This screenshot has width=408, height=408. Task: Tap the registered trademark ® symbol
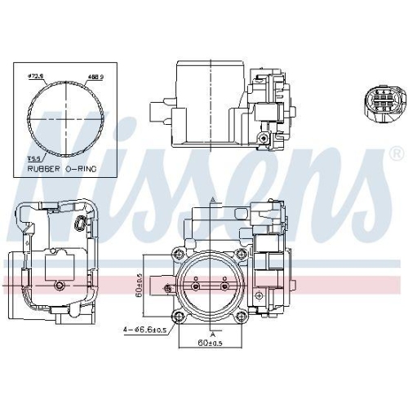(396, 153)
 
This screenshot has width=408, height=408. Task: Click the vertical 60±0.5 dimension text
(140, 286)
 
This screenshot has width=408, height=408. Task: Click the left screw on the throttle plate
(197, 286)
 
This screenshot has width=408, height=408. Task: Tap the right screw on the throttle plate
(225, 286)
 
